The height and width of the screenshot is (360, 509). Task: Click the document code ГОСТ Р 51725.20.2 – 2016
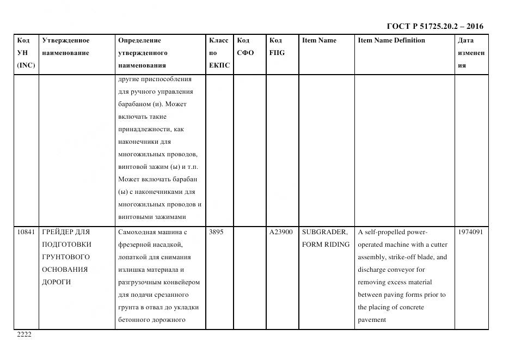(434, 26)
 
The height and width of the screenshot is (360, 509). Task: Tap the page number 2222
(24, 335)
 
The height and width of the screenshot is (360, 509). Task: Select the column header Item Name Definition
(391, 40)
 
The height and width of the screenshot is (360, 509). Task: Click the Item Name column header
(319, 40)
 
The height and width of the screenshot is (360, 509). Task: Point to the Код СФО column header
(246, 47)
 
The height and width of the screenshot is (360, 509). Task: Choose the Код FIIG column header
(277, 47)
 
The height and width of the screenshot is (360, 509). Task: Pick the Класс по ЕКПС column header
(219, 53)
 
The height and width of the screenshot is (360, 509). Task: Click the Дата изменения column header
(471, 53)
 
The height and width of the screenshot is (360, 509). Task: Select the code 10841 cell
(26, 232)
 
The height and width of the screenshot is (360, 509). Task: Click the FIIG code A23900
(281, 232)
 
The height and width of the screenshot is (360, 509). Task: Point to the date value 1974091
(470, 232)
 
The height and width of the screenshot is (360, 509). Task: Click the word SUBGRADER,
(324, 232)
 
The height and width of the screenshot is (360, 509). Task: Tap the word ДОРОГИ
(57, 282)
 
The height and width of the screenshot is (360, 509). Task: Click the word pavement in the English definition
(372, 320)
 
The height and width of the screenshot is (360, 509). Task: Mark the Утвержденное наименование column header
(65, 47)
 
